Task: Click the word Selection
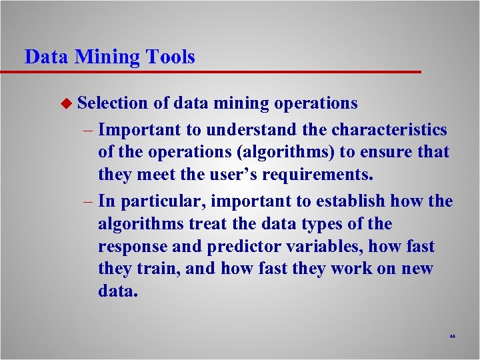click(x=112, y=103)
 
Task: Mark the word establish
click(x=352, y=201)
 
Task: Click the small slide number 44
click(x=452, y=337)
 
